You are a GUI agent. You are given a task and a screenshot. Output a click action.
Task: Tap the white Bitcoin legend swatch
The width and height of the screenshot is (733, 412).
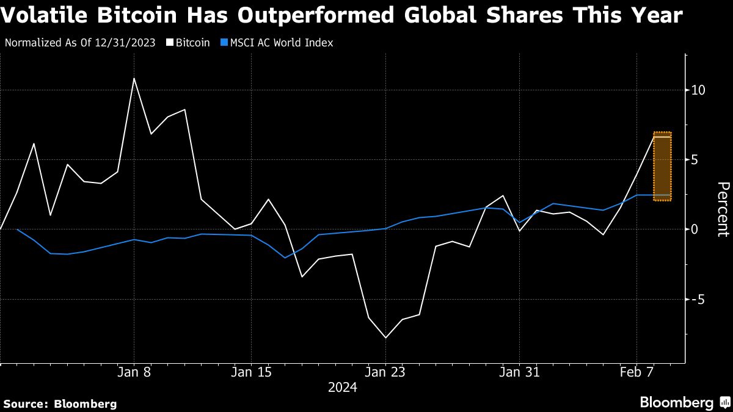[171, 43]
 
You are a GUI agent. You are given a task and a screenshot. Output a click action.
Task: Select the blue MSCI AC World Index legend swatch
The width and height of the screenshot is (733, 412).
[224, 43]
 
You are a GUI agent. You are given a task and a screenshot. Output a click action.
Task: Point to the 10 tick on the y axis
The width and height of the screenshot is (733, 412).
[698, 90]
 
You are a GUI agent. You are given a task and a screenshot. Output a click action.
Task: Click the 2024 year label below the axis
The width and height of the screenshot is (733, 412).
[342, 387]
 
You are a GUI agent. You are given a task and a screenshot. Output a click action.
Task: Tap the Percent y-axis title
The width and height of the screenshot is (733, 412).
[723, 209]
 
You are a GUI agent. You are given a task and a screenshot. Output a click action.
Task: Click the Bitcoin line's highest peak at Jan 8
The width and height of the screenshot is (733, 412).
[134, 78]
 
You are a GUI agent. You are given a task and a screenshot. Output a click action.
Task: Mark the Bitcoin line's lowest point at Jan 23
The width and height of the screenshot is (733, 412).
[385, 338]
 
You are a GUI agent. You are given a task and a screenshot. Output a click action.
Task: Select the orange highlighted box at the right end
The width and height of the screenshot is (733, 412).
[662, 166]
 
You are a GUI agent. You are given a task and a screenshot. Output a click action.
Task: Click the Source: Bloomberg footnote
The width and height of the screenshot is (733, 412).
[60, 403]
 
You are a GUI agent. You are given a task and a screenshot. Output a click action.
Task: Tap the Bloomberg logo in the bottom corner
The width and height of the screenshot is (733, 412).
[684, 403]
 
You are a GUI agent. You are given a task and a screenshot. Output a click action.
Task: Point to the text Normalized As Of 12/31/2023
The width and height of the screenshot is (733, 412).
[79, 43]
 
